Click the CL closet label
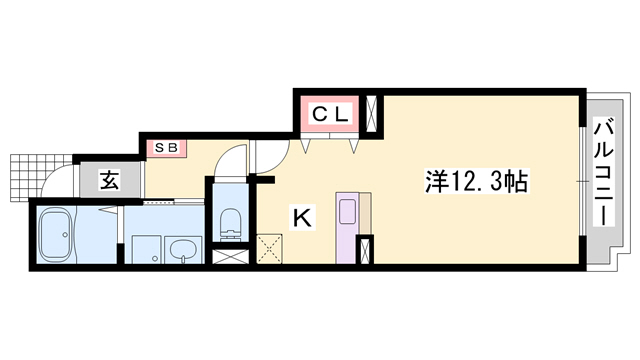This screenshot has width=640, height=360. pos(329,115)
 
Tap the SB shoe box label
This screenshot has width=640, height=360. pos(166,148)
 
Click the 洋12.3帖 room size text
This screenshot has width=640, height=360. pos(477,182)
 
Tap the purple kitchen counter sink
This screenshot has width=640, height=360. pos(347,211)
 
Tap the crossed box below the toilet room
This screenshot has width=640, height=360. pos(228,256)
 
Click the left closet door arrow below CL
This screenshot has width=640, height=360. pos(308,144)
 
